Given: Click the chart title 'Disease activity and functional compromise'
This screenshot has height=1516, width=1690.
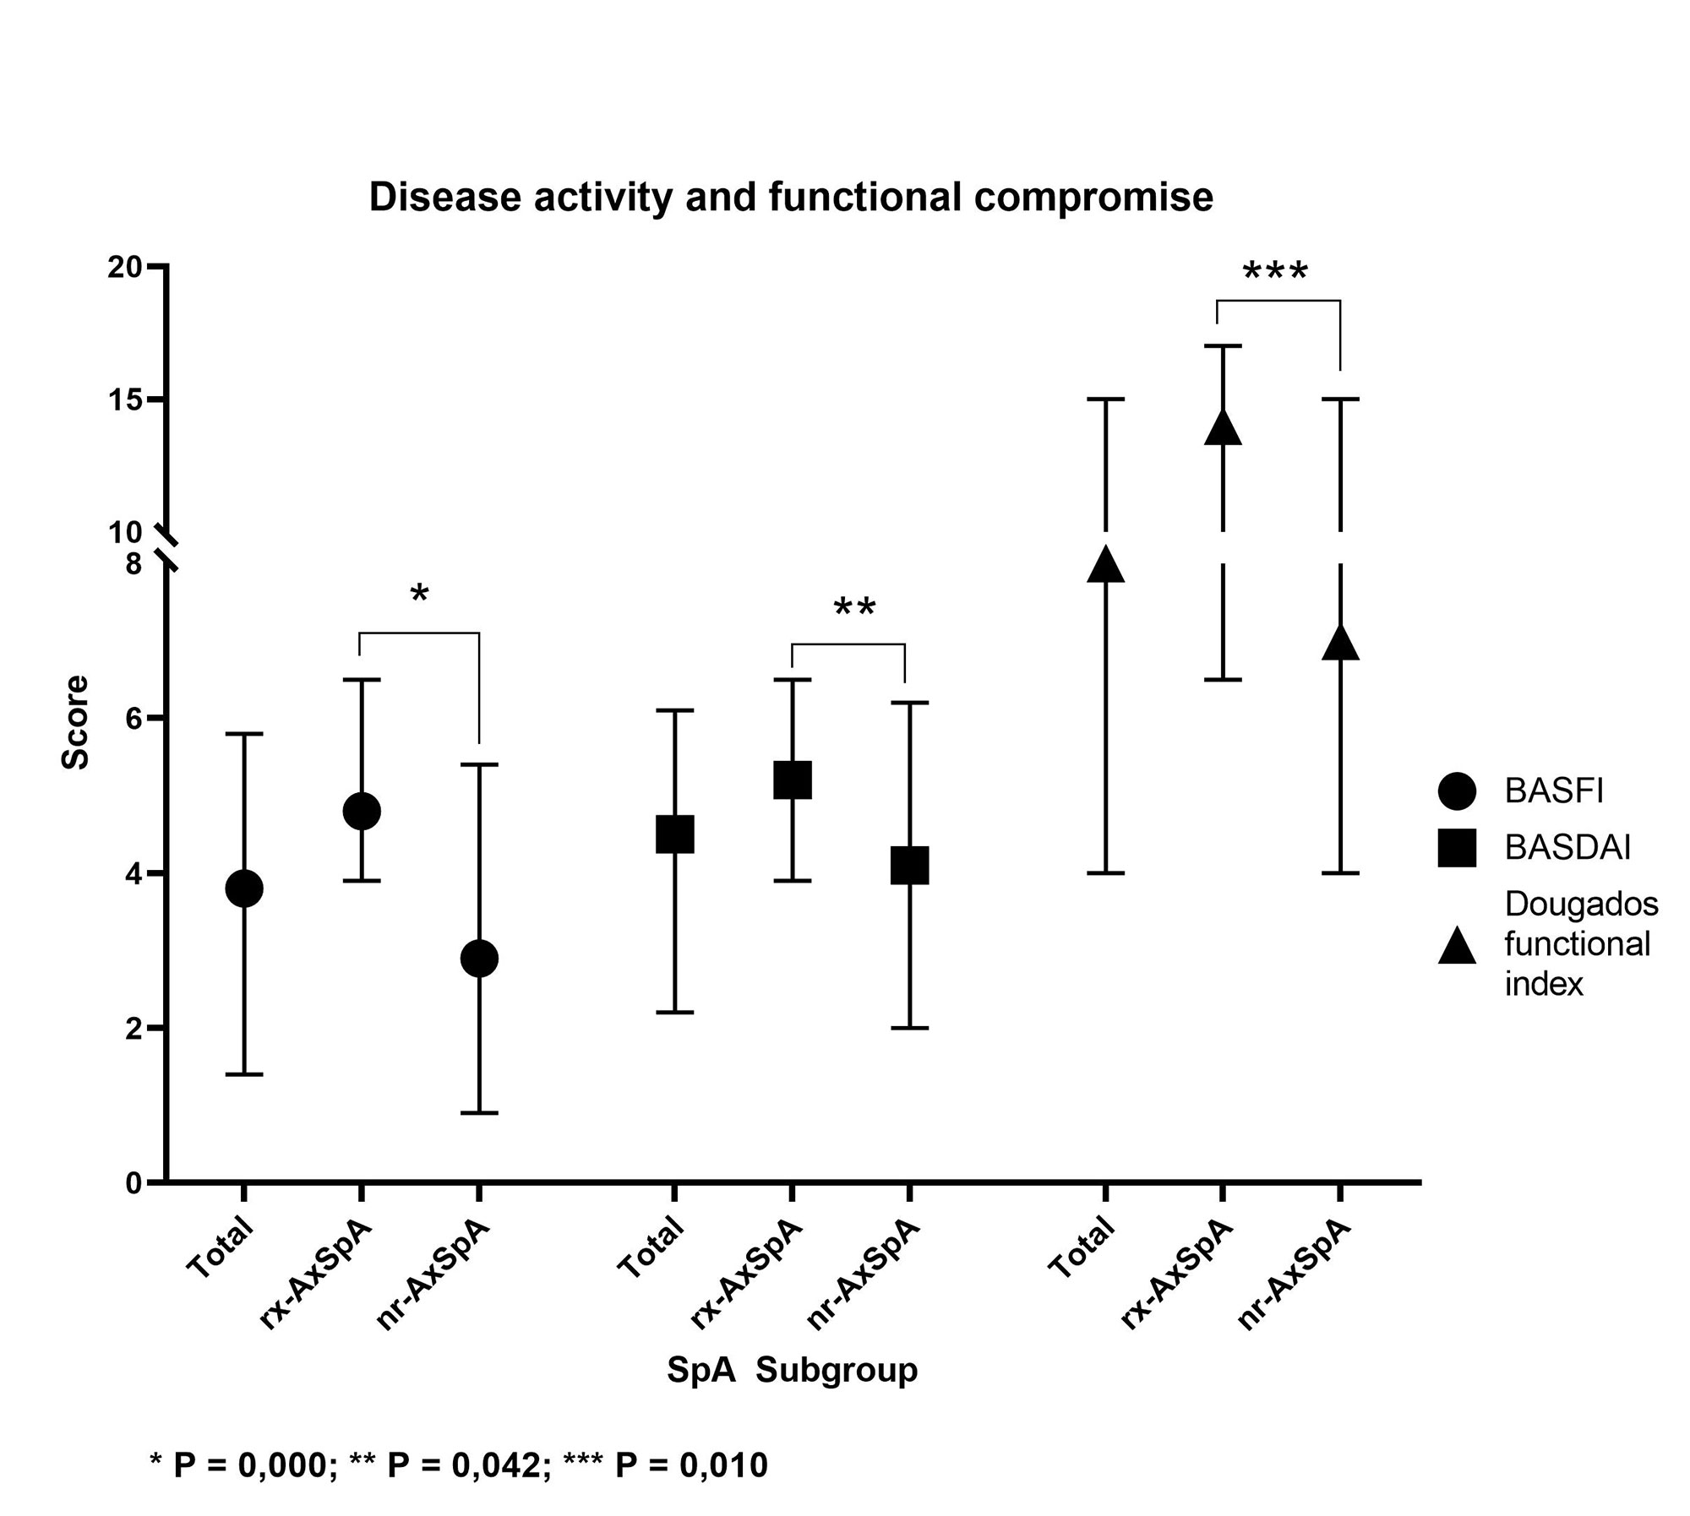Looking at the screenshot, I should click(x=791, y=198).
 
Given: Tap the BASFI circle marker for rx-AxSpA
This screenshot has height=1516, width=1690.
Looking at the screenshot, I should click(x=362, y=811).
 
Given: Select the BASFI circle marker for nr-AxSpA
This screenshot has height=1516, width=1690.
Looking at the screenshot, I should click(x=479, y=958).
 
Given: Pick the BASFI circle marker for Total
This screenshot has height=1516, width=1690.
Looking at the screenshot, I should click(x=244, y=888).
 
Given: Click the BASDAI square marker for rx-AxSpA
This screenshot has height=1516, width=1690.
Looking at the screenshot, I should click(x=792, y=780).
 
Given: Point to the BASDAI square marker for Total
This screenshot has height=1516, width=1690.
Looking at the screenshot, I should click(x=674, y=834).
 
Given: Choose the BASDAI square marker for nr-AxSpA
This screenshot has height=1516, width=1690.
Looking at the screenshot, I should click(x=909, y=865).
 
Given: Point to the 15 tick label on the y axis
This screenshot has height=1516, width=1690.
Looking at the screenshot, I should click(x=124, y=399).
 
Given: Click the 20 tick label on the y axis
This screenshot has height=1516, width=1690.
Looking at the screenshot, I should click(x=124, y=267).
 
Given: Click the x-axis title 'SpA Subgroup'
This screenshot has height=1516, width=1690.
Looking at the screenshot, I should click(x=792, y=1369).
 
